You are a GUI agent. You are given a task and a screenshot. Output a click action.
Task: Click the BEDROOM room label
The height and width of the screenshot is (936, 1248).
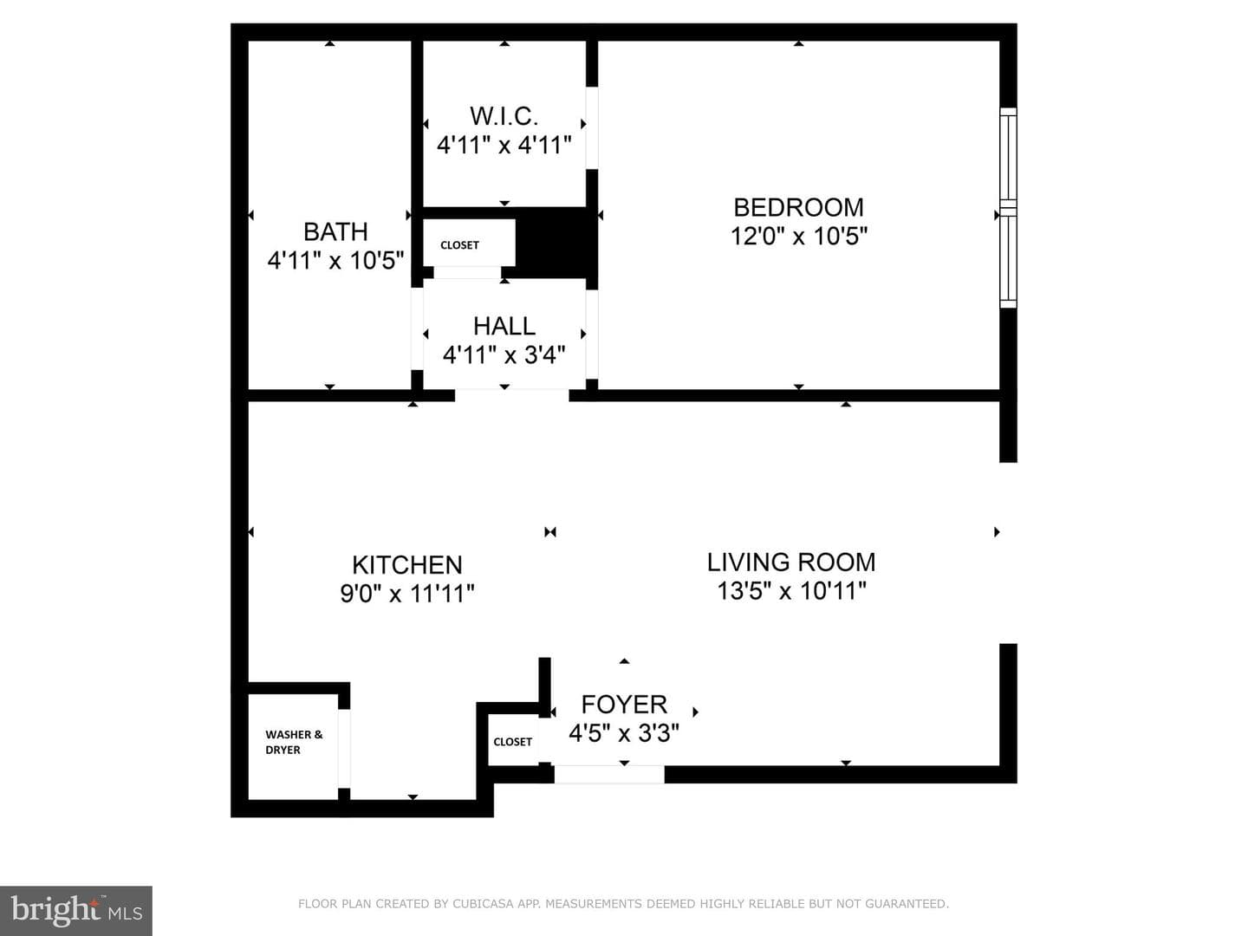(x=798, y=207)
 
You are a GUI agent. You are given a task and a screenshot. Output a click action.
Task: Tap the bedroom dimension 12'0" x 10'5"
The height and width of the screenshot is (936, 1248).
(x=799, y=236)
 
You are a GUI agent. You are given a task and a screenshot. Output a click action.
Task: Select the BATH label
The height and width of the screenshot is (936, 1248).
(x=335, y=232)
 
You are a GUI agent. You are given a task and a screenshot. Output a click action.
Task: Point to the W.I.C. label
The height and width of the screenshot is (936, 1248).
(x=504, y=116)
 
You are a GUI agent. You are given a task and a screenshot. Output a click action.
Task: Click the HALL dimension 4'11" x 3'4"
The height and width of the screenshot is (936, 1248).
(x=504, y=355)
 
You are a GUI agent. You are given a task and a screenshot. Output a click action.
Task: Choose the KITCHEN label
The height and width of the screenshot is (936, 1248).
(x=407, y=565)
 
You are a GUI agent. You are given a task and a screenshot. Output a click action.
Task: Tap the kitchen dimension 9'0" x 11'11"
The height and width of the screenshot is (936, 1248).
(x=407, y=594)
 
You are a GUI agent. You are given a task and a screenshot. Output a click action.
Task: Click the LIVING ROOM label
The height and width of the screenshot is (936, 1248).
(x=791, y=562)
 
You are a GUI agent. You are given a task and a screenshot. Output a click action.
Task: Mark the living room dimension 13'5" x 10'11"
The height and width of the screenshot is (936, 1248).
(x=791, y=591)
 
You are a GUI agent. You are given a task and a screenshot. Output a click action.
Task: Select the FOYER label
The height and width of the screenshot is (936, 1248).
(x=624, y=705)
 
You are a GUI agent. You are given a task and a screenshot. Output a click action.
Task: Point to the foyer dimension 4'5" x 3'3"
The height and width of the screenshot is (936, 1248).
(x=624, y=733)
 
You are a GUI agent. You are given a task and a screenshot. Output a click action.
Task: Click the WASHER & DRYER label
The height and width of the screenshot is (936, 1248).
(x=294, y=742)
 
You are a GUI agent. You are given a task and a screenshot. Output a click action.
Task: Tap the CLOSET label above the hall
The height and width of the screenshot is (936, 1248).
(x=459, y=245)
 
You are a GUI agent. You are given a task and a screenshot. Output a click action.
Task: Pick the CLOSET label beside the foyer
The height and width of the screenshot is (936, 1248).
(x=512, y=742)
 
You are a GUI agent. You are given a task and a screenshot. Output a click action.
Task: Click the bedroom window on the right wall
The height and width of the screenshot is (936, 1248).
(x=1008, y=208)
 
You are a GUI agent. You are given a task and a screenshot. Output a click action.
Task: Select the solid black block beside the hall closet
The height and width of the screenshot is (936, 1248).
(x=551, y=244)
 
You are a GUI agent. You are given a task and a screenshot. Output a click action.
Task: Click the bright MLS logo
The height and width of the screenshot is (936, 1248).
(x=76, y=910)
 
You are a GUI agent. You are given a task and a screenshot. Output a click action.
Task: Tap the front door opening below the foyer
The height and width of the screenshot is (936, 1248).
(x=609, y=774)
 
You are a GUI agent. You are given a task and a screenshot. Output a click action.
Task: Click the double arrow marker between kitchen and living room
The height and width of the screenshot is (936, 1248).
(x=549, y=532)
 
